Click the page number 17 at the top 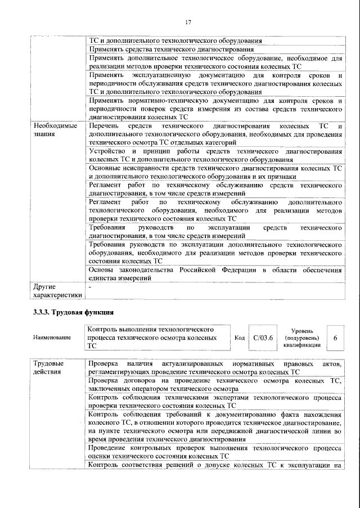[x=188, y=22]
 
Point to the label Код [x=238, y=338]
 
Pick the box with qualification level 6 [x=335, y=338]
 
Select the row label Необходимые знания [x=55, y=130]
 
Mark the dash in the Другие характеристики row [x=91, y=286]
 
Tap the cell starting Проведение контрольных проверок [x=215, y=452]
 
